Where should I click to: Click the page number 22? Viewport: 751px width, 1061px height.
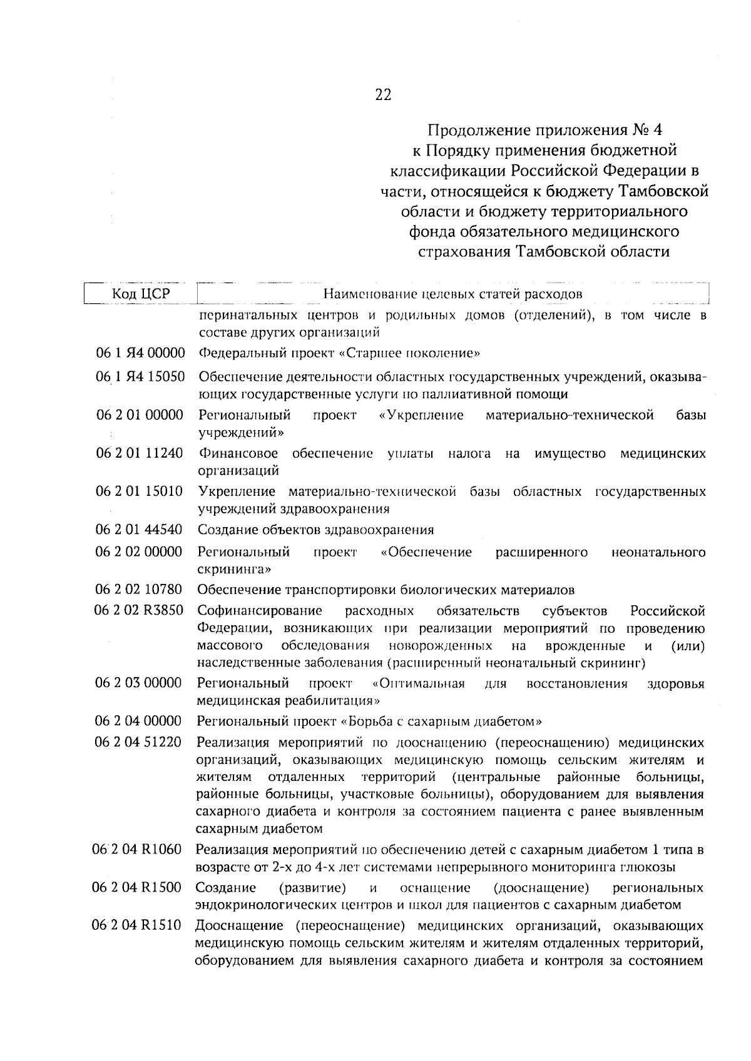(382, 95)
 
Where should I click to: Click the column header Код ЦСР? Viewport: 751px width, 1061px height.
(141, 293)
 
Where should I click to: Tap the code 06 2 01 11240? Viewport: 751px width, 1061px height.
(140, 453)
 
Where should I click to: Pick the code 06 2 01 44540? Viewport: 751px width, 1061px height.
(139, 530)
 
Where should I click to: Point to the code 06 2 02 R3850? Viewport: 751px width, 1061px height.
(139, 610)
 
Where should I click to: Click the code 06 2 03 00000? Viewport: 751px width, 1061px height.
(138, 683)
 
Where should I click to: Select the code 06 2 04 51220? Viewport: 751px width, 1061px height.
(138, 742)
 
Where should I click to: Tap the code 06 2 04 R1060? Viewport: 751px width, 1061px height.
(138, 850)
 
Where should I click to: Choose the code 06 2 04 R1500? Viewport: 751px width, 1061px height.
(137, 888)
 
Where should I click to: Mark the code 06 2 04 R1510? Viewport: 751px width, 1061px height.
(137, 926)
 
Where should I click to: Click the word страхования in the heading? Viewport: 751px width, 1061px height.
(464, 252)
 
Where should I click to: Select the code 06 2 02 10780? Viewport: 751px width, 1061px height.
(139, 590)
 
